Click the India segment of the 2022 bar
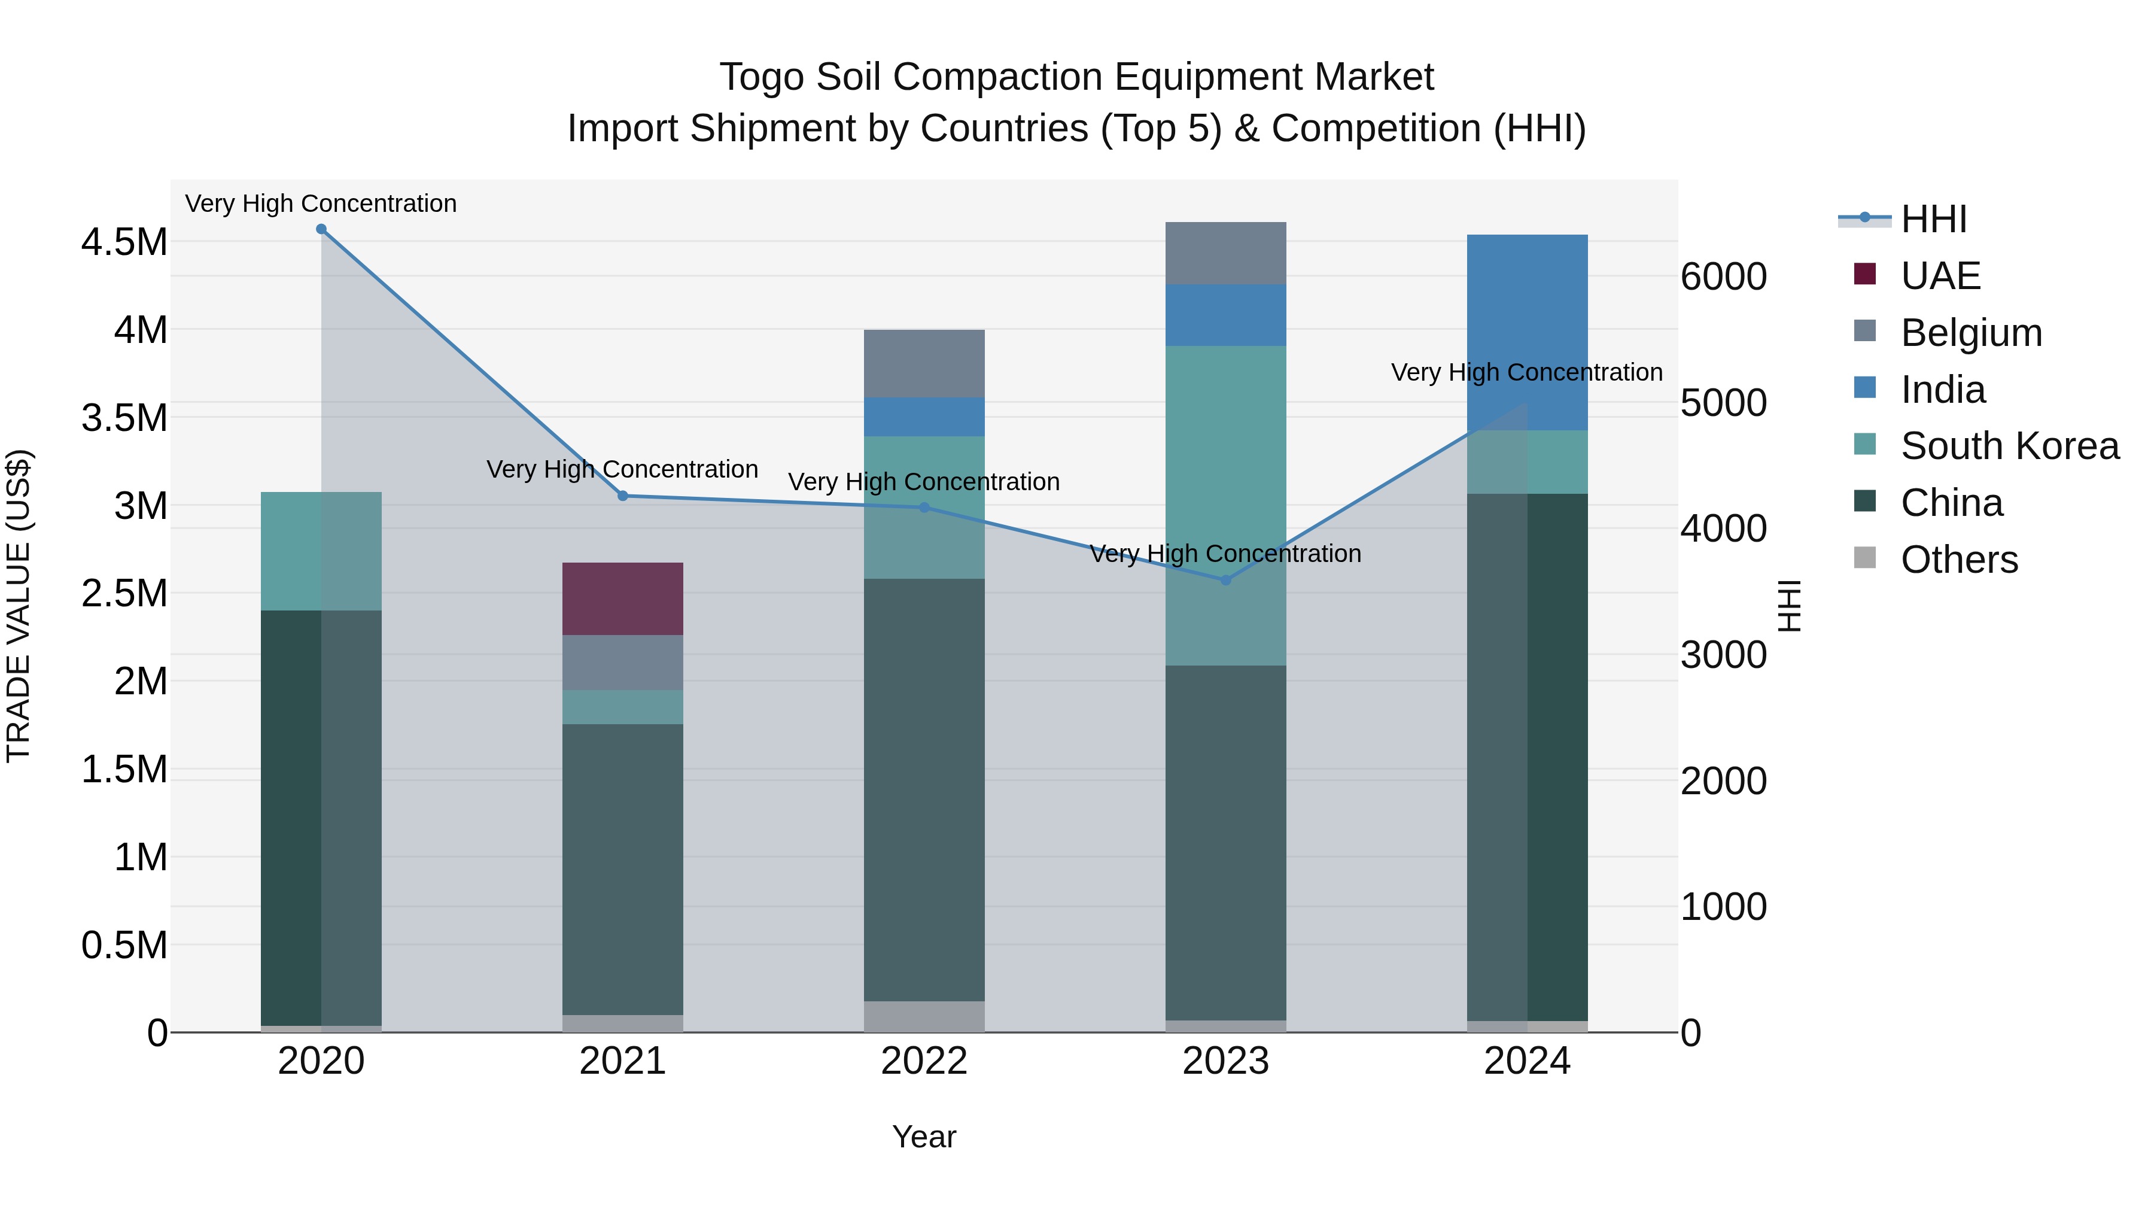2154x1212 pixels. point(924,417)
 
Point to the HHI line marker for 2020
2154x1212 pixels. point(321,229)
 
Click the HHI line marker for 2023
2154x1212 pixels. point(1226,579)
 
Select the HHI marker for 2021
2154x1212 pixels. point(622,496)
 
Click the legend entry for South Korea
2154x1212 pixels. point(2009,446)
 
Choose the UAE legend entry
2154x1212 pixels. point(1940,276)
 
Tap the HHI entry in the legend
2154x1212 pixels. point(1933,219)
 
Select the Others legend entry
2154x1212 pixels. point(1958,560)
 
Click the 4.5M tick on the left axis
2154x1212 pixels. point(124,242)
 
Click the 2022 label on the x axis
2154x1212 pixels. point(924,1061)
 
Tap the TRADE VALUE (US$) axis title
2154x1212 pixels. point(19,606)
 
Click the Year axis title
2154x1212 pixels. point(924,1137)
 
